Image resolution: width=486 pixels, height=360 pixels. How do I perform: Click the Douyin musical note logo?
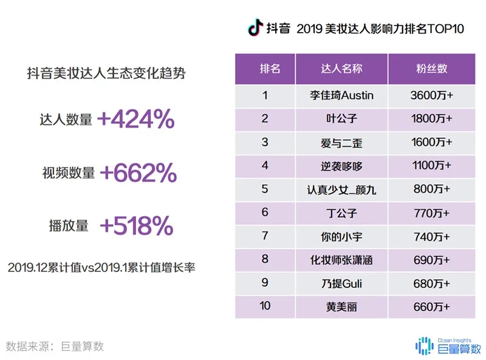pos(255,28)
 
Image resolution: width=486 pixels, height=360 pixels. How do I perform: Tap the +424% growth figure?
pos(135,120)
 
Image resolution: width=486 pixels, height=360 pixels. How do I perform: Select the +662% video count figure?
pos(138,174)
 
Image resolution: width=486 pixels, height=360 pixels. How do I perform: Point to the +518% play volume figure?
pos(137,226)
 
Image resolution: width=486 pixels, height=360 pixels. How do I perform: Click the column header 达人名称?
pos(341,69)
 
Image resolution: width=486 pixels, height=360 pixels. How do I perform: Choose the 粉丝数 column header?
pos(432,69)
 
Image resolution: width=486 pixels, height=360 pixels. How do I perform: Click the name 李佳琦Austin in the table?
pos(341,95)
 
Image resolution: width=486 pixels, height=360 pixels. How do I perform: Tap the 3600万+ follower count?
pos(432,95)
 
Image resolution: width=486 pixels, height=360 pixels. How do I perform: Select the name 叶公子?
pos(341,119)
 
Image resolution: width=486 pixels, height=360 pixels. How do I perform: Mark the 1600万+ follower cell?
pos(432,143)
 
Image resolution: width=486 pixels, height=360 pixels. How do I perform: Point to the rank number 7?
pos(265,236)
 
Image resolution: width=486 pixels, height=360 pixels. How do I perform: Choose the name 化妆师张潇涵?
pos(341,260)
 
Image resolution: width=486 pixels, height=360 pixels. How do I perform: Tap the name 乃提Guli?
pos(341,283)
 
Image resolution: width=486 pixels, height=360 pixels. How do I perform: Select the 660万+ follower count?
pos(432,307)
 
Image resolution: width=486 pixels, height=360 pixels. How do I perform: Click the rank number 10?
pos(265,306)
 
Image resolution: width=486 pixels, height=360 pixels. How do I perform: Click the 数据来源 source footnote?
pos(55,346)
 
